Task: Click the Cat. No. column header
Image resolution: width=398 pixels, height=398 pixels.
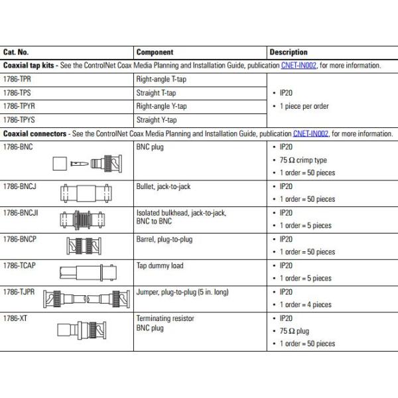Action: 16,52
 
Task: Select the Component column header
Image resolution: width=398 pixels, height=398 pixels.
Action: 155,52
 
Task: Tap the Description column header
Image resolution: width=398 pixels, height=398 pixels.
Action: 289,52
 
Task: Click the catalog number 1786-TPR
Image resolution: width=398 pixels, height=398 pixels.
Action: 17,79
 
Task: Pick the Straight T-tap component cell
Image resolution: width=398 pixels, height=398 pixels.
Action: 156,93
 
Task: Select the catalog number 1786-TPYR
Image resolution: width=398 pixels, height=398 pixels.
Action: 19,106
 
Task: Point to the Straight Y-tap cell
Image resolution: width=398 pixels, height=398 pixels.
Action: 156,120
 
